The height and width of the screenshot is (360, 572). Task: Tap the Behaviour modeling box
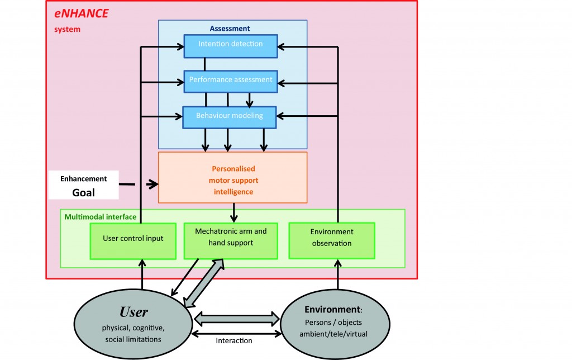pos(230,116)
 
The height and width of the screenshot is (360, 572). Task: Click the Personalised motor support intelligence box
pos(232,177)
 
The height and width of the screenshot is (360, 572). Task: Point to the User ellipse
pos(133,319)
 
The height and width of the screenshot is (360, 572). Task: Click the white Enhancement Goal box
pos(84,186)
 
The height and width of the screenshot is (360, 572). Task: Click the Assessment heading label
pos(230,29)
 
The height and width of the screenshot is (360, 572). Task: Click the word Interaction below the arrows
pos(233,340)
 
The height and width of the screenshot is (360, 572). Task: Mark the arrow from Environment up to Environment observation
pos(337,273)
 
